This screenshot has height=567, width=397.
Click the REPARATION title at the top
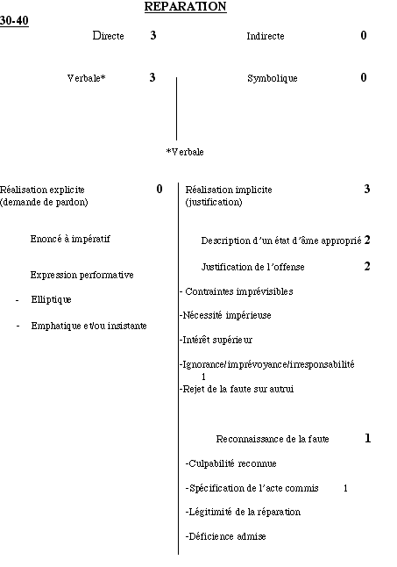[186, 6]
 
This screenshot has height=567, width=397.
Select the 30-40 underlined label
[14, 20]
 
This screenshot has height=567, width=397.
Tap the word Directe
[109, 35]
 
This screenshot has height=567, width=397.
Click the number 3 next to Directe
[153, 35]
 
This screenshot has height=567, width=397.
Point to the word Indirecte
[266, 36]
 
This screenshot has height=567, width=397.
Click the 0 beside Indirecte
[364, 35]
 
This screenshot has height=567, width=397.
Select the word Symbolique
[273, 78]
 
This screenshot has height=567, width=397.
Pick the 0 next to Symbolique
[364, 77]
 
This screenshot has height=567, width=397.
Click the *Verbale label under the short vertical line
[185, 152]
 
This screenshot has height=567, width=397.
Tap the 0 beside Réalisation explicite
[160, 189]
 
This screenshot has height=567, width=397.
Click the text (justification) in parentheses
[214, 202]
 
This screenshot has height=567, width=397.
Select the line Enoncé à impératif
[70, 239]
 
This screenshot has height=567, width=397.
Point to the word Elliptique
[51, 299]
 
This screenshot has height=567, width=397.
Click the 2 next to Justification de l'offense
[367, 266]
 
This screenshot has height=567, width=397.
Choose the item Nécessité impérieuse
[226, 315]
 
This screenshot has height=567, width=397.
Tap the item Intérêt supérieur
[216, 340]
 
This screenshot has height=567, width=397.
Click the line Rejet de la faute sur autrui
[237, 389]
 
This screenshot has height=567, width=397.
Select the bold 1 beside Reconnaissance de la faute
[367, 438]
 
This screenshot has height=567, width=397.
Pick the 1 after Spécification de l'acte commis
[345, 489]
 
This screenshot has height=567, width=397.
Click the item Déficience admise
[226, 536]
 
